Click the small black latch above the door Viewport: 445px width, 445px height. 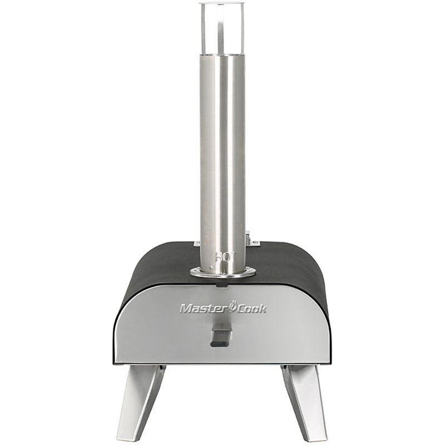coord(222,283)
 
